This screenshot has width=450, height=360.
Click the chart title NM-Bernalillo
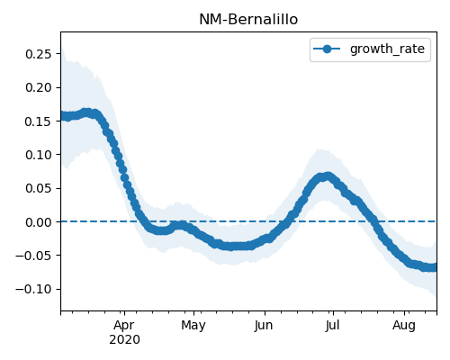coord(248,20)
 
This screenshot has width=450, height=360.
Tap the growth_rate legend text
coord(387,49)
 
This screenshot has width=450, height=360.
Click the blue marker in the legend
coord(327,49)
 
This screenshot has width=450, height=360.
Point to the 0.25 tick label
coord(39,54)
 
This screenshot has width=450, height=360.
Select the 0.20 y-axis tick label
coord(39,87)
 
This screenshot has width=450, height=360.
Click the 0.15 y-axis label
coord(39,121)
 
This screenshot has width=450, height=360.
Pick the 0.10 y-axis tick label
coord(39,155)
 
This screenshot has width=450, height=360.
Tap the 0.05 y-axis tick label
coord(39,188)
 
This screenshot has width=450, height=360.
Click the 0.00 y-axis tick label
coord(39,222)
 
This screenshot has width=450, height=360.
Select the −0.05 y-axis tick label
coord(33,256)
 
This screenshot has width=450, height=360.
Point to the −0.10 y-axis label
coord(33,289)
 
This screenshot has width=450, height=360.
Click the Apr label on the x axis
coord(124,326)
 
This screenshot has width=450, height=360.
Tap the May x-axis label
coord(193,326)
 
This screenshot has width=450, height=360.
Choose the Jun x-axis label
coord(264,326)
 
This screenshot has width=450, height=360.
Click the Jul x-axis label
coord(332,325)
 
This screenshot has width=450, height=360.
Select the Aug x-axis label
coord(404,326)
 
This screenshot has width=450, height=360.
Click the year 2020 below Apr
coord(124,340)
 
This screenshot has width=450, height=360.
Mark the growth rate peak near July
coord(328,176)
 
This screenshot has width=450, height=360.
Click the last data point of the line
coord(434,267)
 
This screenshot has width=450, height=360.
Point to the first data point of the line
coord(62,116)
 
